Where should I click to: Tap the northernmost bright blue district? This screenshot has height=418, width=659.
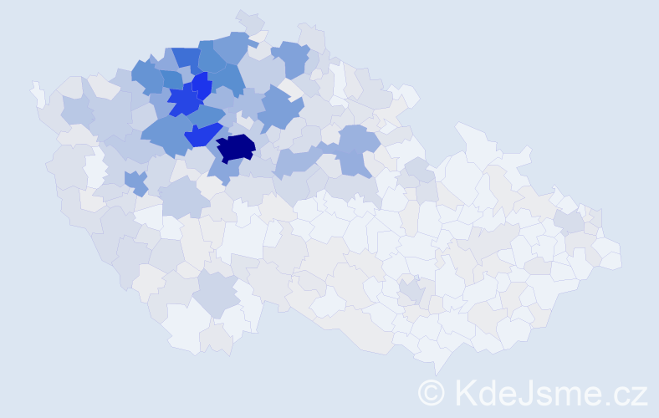[200, 84]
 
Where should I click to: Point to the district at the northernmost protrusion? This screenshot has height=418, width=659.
[249, 20]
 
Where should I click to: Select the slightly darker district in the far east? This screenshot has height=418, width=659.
[570, 222]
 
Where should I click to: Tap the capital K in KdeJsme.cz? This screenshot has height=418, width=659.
[466, 392]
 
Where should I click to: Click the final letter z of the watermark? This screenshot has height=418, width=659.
[640, 395]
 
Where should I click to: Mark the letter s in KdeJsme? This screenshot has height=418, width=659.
[545, 395]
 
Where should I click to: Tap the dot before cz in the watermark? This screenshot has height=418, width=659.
[609, 402]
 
